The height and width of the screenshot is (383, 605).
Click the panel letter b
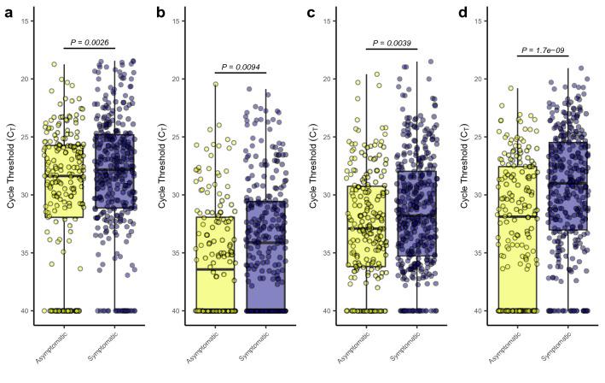[160, 12]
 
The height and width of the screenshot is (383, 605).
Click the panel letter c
[311, 12]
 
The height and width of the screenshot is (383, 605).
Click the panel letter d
[462, 12]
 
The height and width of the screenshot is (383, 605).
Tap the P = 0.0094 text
[241, 66]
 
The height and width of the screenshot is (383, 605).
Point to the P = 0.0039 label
[393, 43]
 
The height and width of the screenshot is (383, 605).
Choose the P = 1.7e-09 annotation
[544, 50]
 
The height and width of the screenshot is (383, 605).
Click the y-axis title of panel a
[11, 166]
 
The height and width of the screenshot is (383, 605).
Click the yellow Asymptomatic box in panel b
[215, 256]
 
